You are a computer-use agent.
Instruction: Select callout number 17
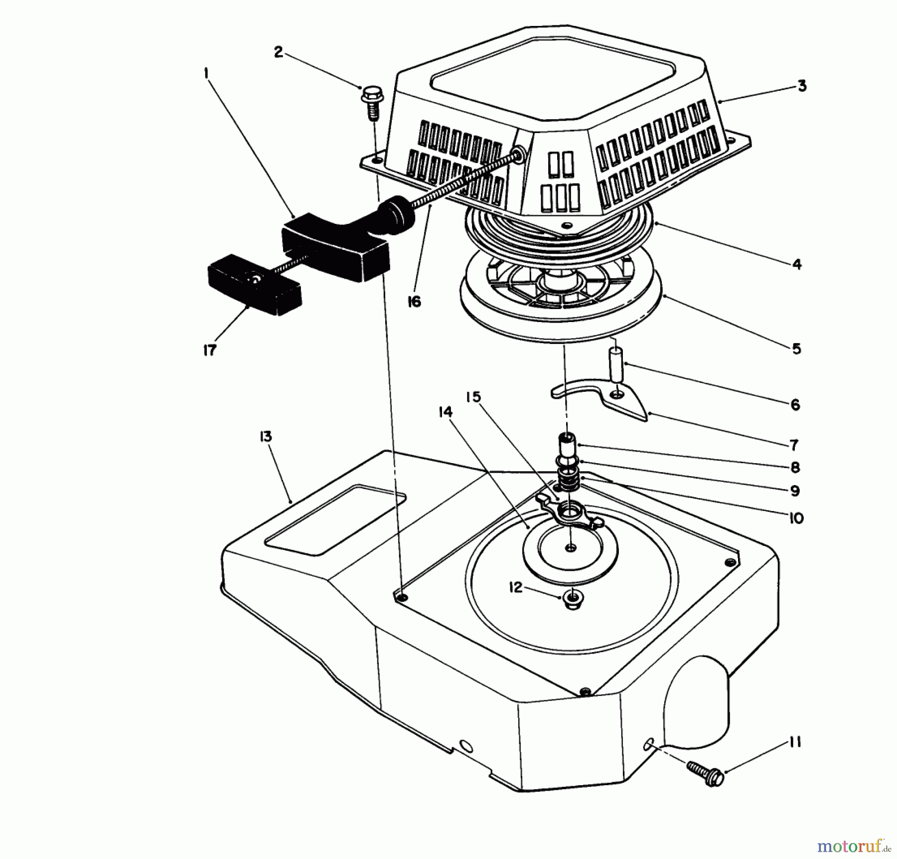tap(210, 350)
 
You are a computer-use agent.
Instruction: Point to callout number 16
tap(414, 302)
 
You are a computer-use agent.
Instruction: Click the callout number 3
tap(801, 86)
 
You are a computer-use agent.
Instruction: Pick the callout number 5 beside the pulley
tap(796, 348)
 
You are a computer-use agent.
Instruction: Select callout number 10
tap(796, 518)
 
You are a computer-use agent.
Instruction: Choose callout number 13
tap(266, 437)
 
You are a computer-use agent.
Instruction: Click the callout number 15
tap(473, 397)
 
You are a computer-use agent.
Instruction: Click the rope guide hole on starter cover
tap(519, 156)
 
